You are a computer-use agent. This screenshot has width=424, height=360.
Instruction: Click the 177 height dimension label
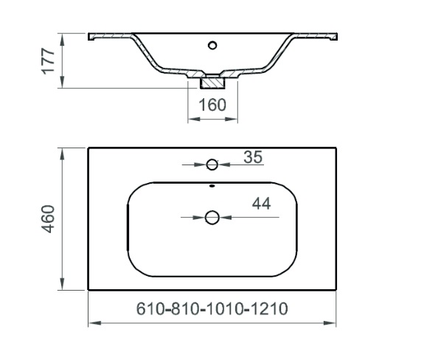(48, 61)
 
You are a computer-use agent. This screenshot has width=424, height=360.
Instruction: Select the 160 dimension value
(212, 105)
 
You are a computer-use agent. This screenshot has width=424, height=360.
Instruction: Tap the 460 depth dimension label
(48, 219)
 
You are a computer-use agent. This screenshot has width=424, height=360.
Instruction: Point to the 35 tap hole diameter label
(253, 157)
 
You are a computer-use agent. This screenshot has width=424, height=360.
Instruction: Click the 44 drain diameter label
(261, 204)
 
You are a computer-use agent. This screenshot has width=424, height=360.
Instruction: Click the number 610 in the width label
(150, 308)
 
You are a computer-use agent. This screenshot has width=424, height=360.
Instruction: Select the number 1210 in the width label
(268, 308)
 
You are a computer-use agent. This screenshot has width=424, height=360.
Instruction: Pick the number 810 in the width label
(185, 308)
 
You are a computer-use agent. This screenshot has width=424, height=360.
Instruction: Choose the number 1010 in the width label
(225, 308)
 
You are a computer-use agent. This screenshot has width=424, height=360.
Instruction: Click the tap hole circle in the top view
(212, 165)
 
